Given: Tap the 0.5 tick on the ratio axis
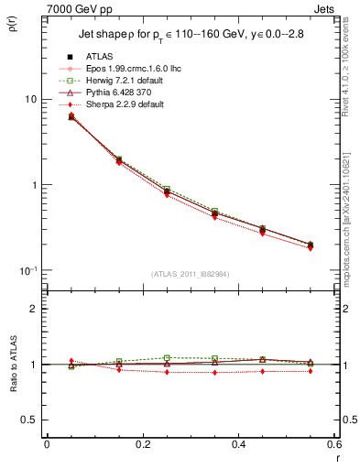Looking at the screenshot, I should click(x=29, y=420).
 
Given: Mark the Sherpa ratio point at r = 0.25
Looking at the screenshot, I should click(x=167, y=372).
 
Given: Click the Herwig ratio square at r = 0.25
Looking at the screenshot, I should click(x=167, y=357).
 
